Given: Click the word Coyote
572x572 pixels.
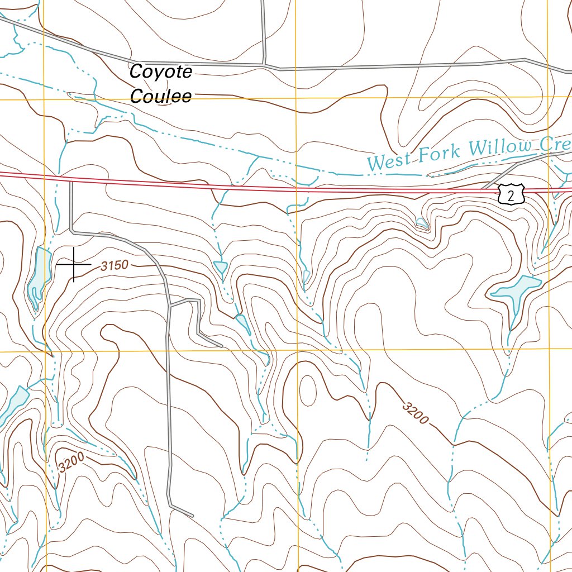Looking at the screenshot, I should coord(161,72).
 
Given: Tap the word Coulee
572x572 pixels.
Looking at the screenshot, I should coord(161,96).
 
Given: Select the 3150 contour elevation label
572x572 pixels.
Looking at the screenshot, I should coord(115,266).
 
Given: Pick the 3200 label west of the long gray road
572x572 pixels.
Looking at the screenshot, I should coord(71,463).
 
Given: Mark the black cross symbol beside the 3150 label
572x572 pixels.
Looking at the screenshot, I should coord(73,264).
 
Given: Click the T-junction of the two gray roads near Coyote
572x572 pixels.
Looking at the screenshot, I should coord(264,64).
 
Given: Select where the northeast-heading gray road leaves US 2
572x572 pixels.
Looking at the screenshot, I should coord(484,189).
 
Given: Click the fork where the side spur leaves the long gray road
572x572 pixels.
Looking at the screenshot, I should coord(169,305).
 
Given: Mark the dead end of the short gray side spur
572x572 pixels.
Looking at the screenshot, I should coord(222,346).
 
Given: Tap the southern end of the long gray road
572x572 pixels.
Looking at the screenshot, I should coord(193,515).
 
